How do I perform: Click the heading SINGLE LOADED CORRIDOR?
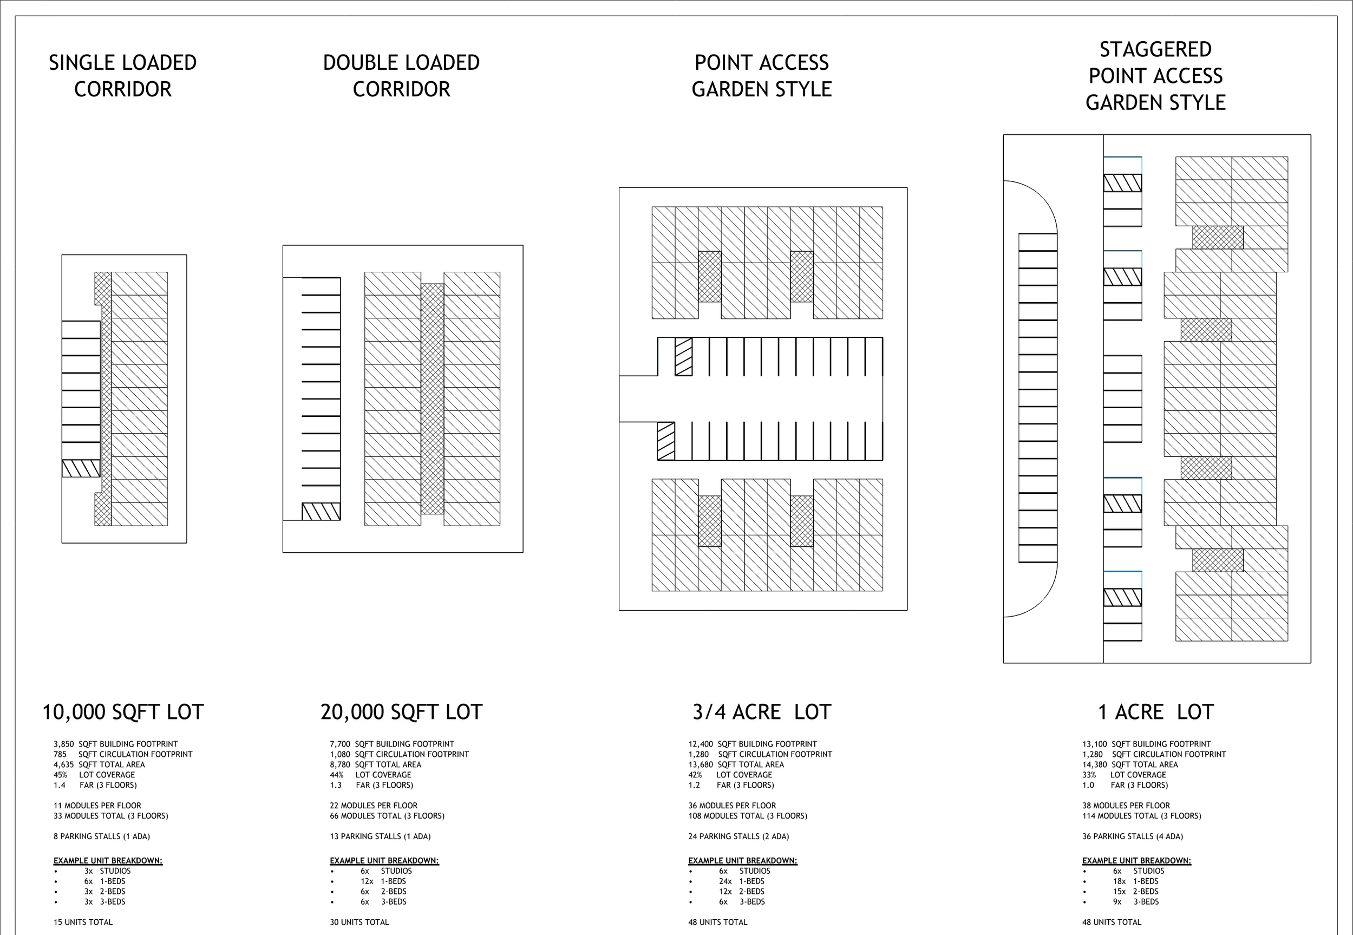pyautogui.click(x=122, y=76)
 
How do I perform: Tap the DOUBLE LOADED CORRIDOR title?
pyautogui.click(x=401, y=76)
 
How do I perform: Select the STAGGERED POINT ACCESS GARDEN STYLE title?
pyautogui.click(x=1155, y=76)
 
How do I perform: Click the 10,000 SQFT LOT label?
pyautogui.click(x=122, y=712)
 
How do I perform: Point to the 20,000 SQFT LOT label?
pyautogui.click(x=401, y=712)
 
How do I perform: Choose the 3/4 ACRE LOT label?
pyautogui.click(x=761, y=712)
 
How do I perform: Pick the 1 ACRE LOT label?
pyautogui.click(x=1155, y=712)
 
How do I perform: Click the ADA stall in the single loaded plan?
pyautogui.click(x=81, y=468)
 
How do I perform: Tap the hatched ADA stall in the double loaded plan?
pyautogui.click(x=321, y=512)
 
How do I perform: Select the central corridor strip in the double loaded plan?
pyautogui.click(x=432, y=398)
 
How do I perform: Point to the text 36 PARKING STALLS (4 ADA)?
pyautogui.click(x=1132, y=836)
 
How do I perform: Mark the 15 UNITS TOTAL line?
pyautogui.click(x=83, y=922)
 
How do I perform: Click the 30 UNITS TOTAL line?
pyautogui.click(x=359, y=922)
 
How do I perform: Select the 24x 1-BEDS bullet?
pyautogui.click(x=742, y=881)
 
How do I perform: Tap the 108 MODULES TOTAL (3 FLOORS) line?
pyautogui.click(x=747, y=815)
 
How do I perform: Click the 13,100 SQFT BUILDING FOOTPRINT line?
pyautogui.click(x=1146, y=744)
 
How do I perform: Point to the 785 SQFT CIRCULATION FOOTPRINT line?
pyautogui.click(x=122, y=754)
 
